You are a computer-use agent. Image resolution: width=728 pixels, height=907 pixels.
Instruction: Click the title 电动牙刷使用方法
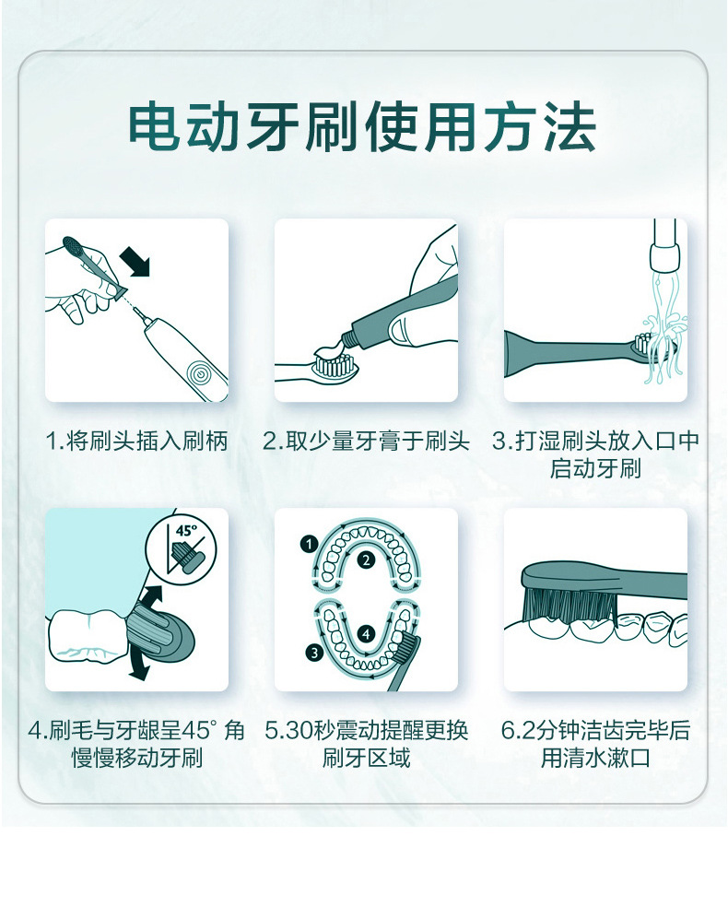tap(362, 129)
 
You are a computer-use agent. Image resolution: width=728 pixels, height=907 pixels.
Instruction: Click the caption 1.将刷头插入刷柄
tap(136, 442)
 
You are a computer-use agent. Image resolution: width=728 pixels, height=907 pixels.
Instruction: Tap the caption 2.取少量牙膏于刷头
tap(366, 442)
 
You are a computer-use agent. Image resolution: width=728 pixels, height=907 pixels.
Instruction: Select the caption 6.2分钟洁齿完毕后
tap(595, 731)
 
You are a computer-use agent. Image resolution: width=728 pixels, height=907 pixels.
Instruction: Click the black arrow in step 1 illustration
tap(137, 264)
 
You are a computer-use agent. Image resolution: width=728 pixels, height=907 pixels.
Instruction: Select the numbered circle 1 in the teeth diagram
tap(308, 545)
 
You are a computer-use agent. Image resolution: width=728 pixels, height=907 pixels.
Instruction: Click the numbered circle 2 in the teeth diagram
tap(366, 560)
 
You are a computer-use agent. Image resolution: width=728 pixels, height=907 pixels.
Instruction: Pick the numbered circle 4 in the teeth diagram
tap(366, 633)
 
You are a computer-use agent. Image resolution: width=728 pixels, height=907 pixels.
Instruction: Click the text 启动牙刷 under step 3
tap(595, 469)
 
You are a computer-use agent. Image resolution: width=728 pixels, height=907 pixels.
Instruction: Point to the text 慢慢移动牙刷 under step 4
tap(136, 759)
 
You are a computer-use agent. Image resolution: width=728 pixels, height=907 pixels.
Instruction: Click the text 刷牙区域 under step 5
tap(366, 759)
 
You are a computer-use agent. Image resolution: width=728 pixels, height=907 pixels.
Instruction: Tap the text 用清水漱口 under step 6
tap(595, 759)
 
